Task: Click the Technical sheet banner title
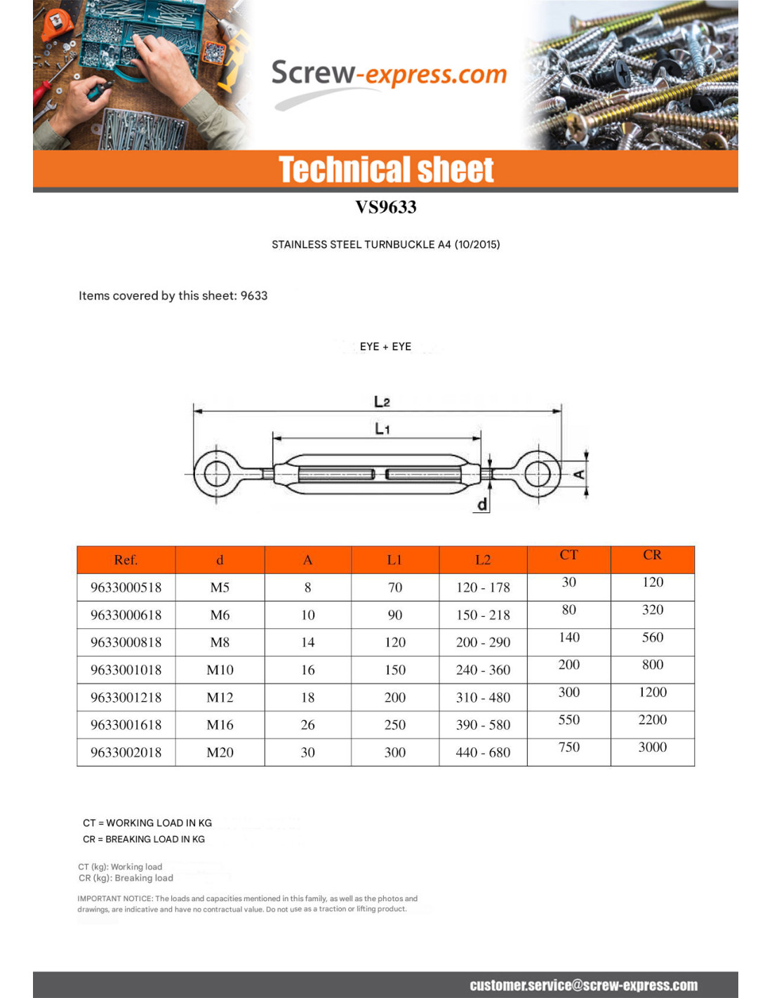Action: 386,170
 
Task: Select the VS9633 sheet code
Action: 385,207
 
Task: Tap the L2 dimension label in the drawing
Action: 382,401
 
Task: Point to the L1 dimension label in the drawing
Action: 382,428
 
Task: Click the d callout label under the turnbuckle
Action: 482,504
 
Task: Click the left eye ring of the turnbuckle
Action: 217,474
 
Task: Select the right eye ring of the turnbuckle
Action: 538,474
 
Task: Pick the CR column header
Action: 652,555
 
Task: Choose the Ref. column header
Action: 126,560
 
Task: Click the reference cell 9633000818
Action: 126,642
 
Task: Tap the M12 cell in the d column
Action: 220,698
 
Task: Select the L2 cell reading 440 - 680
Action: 483,752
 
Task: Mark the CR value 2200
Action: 652,719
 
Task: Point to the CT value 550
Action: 568,719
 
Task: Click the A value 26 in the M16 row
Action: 307,725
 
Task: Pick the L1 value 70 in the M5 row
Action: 395,587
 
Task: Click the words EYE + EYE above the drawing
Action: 385,347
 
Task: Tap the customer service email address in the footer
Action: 583,985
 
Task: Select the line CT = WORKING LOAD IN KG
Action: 147,823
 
